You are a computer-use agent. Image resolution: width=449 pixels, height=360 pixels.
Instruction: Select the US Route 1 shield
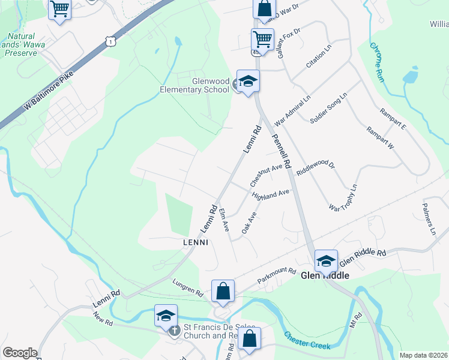(109, 41)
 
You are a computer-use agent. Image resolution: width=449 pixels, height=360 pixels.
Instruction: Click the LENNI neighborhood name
(196, 242)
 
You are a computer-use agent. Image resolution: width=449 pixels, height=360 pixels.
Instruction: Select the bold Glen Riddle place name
(325, 275)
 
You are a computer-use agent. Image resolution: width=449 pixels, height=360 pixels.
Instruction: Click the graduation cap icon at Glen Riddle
(326, 260)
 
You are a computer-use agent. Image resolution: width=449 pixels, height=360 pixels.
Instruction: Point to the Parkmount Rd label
(277, 275)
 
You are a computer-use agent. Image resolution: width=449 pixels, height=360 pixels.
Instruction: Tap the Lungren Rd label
(187, 290)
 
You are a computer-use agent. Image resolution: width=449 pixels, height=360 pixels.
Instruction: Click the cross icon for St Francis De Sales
(174, 331)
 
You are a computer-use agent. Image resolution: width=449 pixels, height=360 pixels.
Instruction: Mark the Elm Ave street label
(224, 220)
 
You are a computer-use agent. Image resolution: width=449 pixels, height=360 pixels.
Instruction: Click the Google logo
(20, 353)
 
